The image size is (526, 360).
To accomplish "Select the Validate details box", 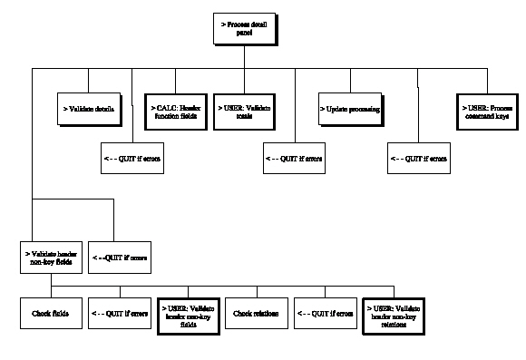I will (x=89, y=109).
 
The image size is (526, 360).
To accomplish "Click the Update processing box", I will (x=349, y=109).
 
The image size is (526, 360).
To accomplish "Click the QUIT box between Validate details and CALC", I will (x=132, y=158).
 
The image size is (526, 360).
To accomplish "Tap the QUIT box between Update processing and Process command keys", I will (x=418, y=158).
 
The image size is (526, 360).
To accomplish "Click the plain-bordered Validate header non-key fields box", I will (x=52, y=257).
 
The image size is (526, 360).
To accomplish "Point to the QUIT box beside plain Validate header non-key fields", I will (x=121, y=257).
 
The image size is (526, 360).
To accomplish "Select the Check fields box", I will (x=52, y=314).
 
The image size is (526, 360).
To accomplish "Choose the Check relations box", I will (x=257, y=314).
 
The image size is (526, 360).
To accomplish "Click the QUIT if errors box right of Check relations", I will (x=326, y=314).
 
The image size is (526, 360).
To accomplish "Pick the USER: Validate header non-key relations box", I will (x=394, y=314).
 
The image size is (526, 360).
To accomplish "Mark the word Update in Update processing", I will (x=336, y=109).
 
